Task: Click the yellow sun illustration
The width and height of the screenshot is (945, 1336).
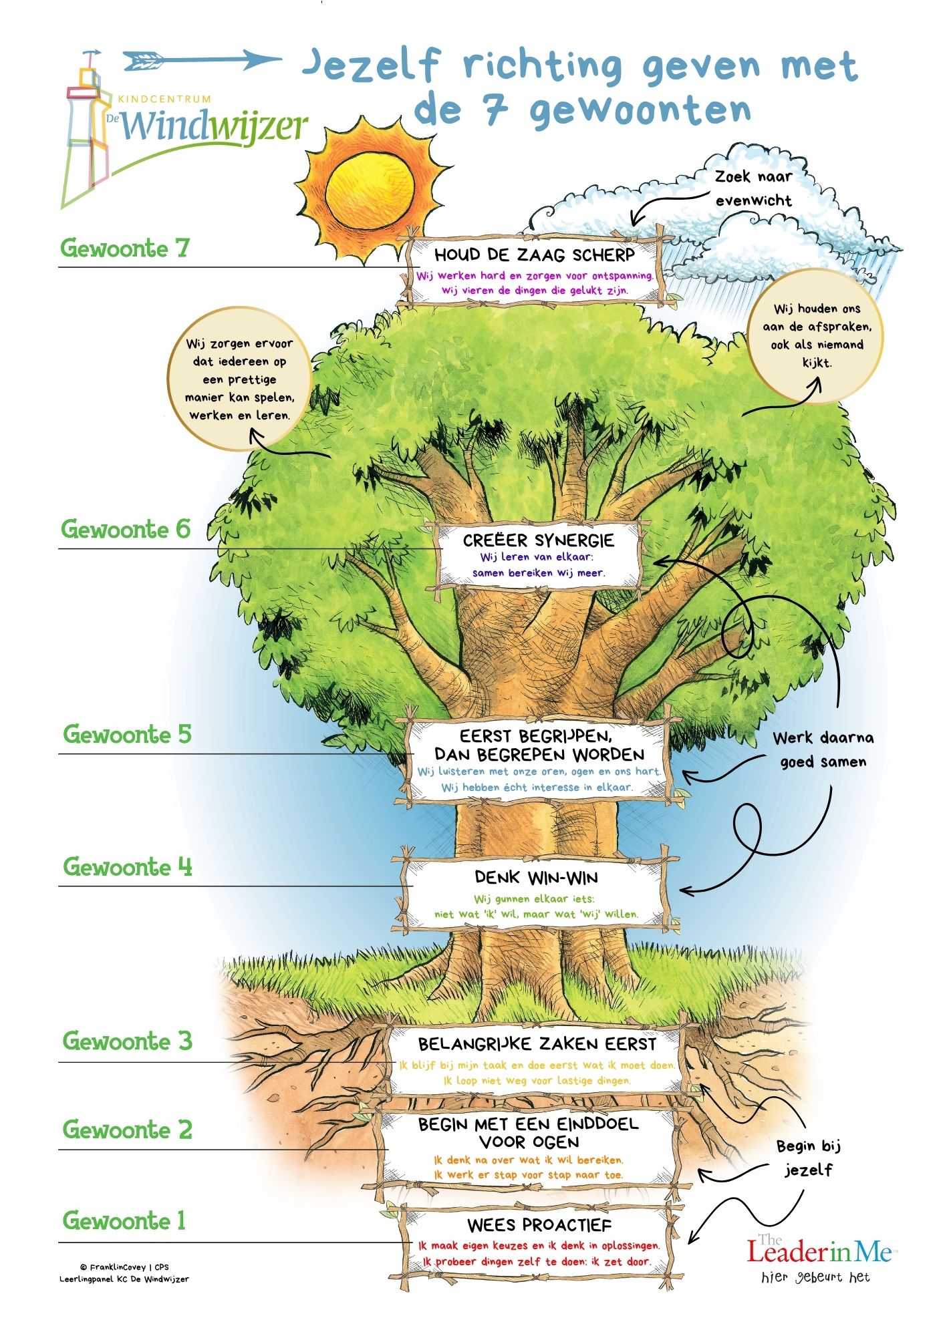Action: [370, 189]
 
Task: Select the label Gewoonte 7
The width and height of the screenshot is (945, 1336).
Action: [125, 248]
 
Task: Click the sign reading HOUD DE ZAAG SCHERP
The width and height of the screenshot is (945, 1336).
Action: [534, 255]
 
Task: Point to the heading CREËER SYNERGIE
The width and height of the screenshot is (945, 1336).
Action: [538, 540]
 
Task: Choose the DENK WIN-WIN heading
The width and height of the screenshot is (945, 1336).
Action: [536, 877]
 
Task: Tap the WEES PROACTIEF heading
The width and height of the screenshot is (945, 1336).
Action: [539, 1225]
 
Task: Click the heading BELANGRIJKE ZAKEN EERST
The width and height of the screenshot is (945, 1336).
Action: [537, 1043]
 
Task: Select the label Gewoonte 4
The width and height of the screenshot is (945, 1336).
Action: [127, 867]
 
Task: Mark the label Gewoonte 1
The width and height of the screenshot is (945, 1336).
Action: [124, 1220]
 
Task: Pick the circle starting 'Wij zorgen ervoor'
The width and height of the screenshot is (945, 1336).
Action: [239, 379]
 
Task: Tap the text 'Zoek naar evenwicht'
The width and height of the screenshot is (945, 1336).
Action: [753, 188]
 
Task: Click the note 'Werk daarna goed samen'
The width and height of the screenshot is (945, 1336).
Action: [823, 749]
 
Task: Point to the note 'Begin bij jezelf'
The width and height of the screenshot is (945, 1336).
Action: [808, 1158]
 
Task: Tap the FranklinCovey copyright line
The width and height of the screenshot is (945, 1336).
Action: [124, 1267]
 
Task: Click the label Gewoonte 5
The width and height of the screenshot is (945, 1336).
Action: [127, 734]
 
